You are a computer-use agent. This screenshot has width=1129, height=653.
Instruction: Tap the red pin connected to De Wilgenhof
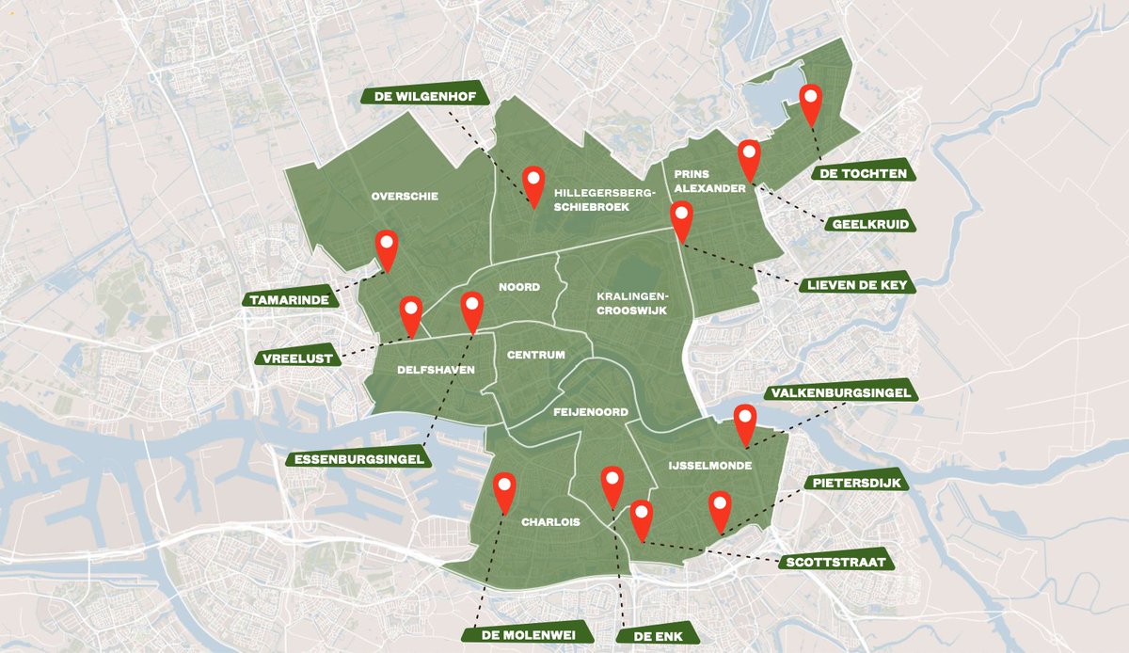(x=533, y=182)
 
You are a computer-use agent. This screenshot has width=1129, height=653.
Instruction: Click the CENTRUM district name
(x=535, y=355)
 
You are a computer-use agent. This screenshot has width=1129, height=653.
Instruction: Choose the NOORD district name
(x=518, y=288)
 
